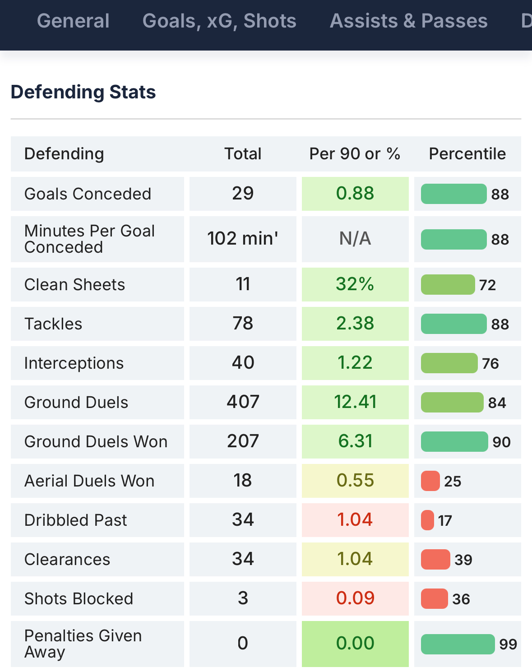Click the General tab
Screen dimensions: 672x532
click(x=73, y=21)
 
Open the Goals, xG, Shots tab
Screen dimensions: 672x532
click(x=219, y=21)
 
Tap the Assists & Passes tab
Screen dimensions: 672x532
click(x=408, y=21)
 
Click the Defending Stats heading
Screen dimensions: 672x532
click(x=83, y=92)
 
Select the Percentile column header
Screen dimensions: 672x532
click(x=467, y=154)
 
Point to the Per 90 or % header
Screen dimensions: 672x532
click(x=355, y=154)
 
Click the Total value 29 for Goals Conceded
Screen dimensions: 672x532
click(x=243, y=194)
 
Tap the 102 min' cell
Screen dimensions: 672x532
click(x=243, y=239)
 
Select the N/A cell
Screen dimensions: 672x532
click(x=355, y=239)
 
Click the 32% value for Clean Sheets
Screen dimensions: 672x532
click(x=355, y=284)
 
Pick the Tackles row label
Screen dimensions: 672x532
click(x=53, y=324)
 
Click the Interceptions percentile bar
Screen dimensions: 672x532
click(x=449, y=363)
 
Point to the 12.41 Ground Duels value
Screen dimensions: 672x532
click(x=355, y=402)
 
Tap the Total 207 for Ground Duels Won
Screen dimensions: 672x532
click(x=243, y=441)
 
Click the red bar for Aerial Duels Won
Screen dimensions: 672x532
click(x=430, y=481)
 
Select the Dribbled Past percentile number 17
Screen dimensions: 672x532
click(x=445, y=521)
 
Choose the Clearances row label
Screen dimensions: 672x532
click(x=67, y=560)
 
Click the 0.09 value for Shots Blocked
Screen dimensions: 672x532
click(x=355, y=598)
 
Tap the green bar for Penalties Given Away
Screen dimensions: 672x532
click(x=458, y=644)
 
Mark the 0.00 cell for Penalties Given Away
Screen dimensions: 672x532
click(x=355, y=644)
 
